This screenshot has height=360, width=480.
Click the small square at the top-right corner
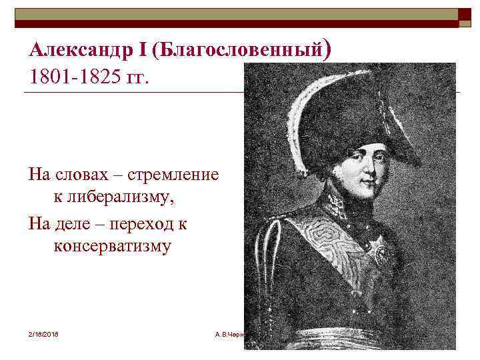click(x=465, y=17)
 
